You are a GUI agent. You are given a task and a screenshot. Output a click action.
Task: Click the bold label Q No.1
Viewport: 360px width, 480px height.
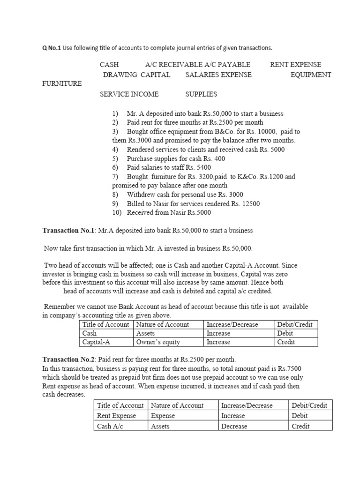coord(52,48)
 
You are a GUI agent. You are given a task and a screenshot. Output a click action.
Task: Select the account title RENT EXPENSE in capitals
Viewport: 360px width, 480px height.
coord(295,65)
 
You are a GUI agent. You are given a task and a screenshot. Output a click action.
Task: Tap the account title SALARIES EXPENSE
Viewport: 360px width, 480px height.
coord(218,75)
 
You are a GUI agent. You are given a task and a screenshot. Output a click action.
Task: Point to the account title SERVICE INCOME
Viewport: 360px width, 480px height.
coord(129,94)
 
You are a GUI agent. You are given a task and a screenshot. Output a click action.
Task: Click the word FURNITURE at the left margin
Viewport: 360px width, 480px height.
coord(62,84)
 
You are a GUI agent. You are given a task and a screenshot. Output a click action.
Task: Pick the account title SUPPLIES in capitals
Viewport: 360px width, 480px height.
coord(201,94)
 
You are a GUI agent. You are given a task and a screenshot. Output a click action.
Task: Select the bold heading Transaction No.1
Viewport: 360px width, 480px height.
coord(68,231)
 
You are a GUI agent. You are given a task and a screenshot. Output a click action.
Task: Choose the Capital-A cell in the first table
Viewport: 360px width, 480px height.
coord(94,342)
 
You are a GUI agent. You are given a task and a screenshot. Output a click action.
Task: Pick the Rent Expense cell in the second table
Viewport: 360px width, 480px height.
coord(116,416)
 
